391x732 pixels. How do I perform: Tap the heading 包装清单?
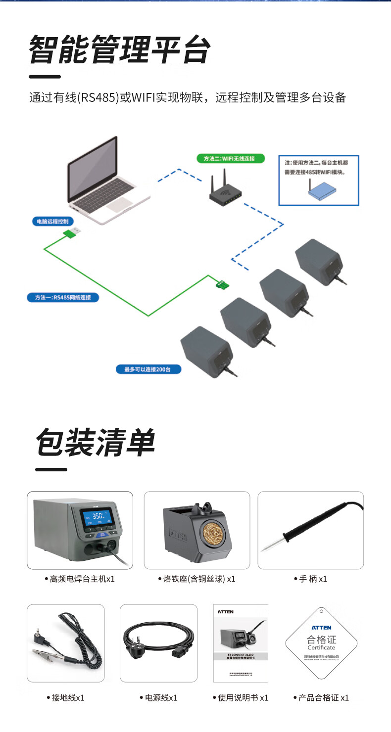click(95, 442)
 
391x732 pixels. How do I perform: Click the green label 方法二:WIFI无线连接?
click(229, 159)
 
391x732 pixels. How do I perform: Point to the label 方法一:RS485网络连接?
click(63, 297)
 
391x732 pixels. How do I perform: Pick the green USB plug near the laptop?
click(72, 233)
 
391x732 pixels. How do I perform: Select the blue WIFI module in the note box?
click(321, 190)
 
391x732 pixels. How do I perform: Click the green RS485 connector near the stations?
click(222, 284)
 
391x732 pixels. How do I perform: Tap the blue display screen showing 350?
click(97, 518)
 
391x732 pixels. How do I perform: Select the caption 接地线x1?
click(68, 698)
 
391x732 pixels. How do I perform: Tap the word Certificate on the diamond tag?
click(321, 647)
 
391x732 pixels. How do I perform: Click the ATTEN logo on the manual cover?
click(226, 612)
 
